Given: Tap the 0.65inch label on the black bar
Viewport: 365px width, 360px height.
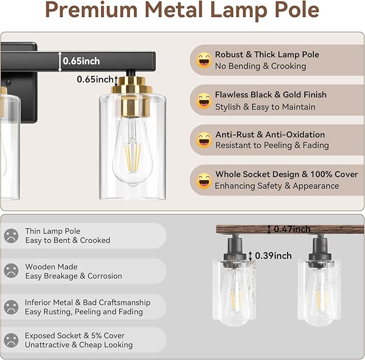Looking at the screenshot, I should (x=81, y=61).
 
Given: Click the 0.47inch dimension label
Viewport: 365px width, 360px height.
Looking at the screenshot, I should (x=292, y=229).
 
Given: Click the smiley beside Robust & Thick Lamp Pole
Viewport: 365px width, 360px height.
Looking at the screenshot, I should (x=204, y=60).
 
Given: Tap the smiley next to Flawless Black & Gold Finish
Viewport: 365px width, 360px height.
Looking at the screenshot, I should (x=204, y=100).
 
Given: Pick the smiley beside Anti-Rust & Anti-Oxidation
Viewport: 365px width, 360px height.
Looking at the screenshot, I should (x=204, y=140).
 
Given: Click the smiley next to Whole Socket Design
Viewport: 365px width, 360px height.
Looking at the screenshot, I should (x=204, y=181).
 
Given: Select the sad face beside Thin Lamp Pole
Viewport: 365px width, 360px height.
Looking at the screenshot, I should (x=11, y=235).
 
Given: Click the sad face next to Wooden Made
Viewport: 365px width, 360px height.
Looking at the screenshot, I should (x=11, y=271).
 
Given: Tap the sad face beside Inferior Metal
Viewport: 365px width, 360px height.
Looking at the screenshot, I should (x=11, y=307).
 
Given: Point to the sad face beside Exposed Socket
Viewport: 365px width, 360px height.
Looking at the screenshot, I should (x=11, y=340).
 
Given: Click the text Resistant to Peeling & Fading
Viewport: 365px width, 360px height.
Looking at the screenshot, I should (x=272, y=146).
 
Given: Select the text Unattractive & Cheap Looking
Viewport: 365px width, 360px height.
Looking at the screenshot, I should (x=79, y=345).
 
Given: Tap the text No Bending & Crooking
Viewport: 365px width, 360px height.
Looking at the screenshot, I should (x=260, y=66).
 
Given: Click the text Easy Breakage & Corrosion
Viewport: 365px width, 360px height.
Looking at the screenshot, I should (x=74, y=276).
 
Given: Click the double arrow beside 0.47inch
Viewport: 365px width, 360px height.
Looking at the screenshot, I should (x=269, y=229).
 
